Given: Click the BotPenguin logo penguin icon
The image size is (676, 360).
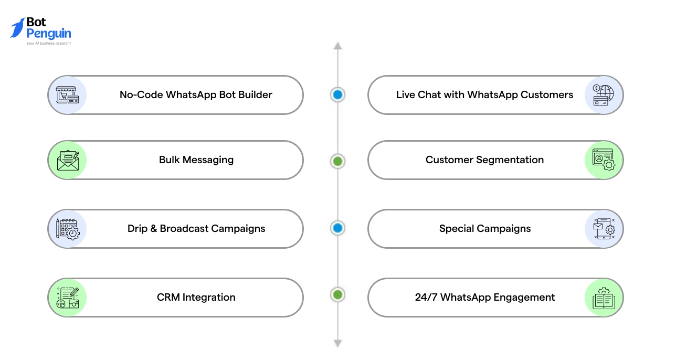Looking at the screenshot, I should (x=18, y=28).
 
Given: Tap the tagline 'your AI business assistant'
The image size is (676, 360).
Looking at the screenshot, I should (x=49, y=44).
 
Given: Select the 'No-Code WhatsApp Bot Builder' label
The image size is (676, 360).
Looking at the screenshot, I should (x=196, y=95).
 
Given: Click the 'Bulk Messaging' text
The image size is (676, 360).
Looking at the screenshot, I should (x=196, y=160).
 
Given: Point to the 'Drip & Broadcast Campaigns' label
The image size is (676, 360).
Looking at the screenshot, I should (x=196, y=229).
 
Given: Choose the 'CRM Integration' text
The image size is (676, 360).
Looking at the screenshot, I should (x=196, y=298).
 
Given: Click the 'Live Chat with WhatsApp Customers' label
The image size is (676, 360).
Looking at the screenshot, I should (x=484, y=95).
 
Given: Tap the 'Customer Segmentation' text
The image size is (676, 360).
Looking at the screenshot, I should (x=484, y=160).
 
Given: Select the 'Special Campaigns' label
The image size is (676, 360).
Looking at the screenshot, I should (x=484, y=229).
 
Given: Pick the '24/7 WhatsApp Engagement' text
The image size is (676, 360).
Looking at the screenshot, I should (x=484, y=298).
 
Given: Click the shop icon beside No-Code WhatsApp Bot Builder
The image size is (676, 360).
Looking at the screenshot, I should (x=67, y=95).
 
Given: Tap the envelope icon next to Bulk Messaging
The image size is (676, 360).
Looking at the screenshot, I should (x=67, y=160).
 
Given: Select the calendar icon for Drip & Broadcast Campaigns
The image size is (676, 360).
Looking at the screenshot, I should (x=67, y=229).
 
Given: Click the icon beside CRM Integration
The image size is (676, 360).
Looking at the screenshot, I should (x=67, y=298).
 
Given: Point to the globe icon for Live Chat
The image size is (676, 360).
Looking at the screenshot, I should (x=604, y=95).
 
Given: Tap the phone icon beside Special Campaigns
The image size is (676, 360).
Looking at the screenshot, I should (x=604, y=229).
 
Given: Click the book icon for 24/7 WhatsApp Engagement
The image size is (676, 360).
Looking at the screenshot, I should (x=604, y=298).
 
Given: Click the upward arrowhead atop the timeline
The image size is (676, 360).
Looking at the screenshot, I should (x=337, y=46).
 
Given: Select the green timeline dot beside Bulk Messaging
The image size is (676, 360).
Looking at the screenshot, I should (x=337, y=161).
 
